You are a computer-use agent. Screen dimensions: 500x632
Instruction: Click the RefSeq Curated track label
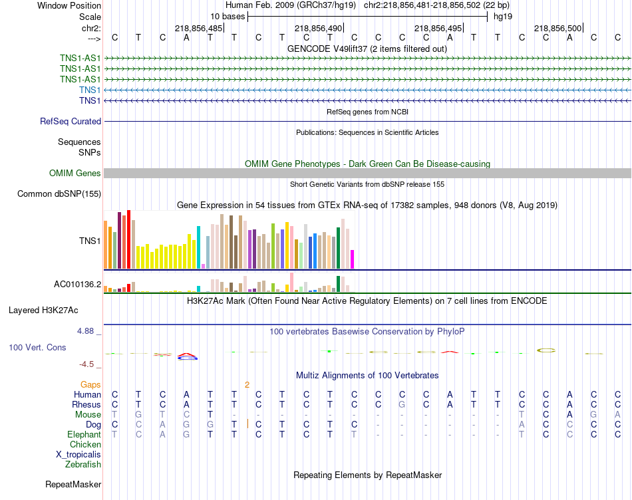pyautogui.click(x=71, y=121)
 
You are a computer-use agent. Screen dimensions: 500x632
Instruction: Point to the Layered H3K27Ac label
pyautogui.click(x=53, y=310)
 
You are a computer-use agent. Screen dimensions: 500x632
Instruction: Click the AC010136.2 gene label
pyautogui.click(x=77, y=285)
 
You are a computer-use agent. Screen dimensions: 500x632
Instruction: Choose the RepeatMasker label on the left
pyautogui.click(x=73, y=484)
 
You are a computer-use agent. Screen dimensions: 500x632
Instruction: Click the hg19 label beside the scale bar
pyautogui.click(x=503, y=16)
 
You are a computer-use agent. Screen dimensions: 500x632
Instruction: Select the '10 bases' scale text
pyautogui.click(x=228, y=16)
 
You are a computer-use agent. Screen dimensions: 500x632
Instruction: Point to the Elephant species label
pyautogui.click(x=84, y=434)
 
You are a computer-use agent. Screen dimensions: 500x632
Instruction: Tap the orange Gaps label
pyautogui.click(x=90, y=384)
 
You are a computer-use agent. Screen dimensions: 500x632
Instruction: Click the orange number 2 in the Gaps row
pyautogui.click(x=247, y=384)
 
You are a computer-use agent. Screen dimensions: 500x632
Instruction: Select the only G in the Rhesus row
pyautogui.click(x=401, y=404)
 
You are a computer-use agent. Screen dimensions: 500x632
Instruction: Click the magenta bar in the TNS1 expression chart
pyautogui.click(x=352, y=259)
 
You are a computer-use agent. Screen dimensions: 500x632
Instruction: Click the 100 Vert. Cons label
pyautogui.click(x=37, y=347)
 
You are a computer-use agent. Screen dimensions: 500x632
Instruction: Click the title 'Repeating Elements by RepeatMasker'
pyautogui.click(x=367, y=475)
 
